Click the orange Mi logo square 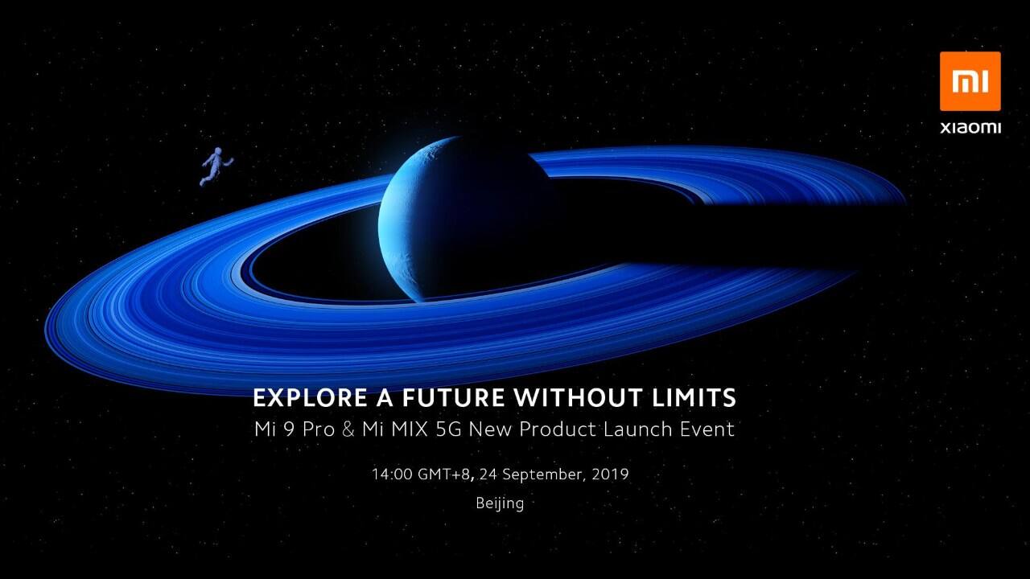(x=970, y=81)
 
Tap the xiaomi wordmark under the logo (x=970, y=127)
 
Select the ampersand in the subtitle (x=348, y=429)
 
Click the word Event (x=705, y=429)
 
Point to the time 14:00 (x=391, y=474)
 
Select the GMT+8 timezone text (x=444, y=474)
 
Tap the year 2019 (x=609, y=474)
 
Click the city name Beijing (x=500, y=504)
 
